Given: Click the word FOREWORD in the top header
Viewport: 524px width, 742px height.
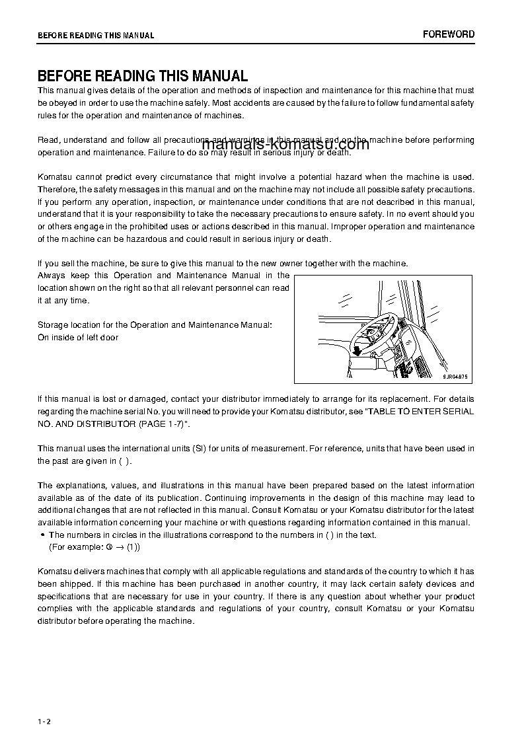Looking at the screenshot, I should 449,34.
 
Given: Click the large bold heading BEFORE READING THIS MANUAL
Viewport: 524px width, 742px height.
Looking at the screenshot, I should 143,76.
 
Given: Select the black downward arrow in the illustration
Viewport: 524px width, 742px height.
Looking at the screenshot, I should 357,350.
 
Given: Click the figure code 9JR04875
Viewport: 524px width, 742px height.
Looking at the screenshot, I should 455,377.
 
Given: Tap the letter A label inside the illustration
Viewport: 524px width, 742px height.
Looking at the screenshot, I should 350,375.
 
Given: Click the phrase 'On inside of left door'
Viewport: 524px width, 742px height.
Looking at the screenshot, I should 78,338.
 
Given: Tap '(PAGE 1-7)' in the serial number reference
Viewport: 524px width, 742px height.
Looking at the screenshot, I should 165,424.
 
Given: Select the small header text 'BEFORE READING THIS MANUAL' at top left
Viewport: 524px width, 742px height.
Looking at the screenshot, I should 96,36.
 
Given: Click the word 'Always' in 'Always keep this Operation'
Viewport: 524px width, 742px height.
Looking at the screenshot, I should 51,276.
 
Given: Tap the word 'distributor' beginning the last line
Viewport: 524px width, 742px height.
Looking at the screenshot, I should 57,621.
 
